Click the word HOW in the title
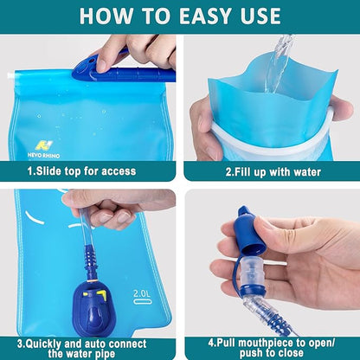click(103, 16)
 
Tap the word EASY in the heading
click(196, 16)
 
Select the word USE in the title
click(255, 16)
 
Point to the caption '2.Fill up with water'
click(273, 171)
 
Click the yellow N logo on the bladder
click(42, 145)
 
